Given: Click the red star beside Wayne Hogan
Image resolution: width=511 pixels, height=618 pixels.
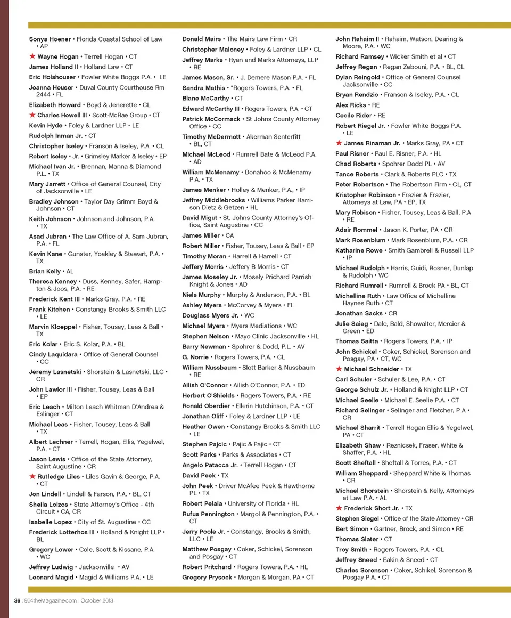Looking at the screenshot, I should (x=32, y=56).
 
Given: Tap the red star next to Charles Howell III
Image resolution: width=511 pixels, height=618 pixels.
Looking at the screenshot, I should (x=32, y=115).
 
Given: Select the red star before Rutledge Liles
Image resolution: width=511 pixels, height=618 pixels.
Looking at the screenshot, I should (x=32, y=476).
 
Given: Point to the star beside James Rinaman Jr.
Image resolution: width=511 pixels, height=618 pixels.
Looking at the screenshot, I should (x=339, y=143).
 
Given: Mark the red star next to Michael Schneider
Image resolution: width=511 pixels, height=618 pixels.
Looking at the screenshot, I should (x=339, y=369).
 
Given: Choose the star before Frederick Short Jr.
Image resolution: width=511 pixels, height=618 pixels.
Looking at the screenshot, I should (x=339, y=508).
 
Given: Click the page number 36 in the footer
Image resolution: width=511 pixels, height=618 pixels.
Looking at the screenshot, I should (x=17, y=600).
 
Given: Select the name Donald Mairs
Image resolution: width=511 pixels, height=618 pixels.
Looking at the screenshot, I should (x=201, y=39).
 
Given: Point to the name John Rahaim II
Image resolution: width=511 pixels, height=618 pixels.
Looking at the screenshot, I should (x=357, y=39).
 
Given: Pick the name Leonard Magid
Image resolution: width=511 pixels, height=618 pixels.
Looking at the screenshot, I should (x=52, y=577).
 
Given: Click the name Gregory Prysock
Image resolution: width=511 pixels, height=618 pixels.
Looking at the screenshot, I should (x=207, y=577).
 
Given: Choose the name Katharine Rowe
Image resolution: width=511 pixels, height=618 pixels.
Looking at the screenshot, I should (x=359, y=250).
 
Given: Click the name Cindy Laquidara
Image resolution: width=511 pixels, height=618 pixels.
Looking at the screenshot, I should (x=52, y=354).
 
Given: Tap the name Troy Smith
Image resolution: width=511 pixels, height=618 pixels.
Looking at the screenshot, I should (x=351, y=549).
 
